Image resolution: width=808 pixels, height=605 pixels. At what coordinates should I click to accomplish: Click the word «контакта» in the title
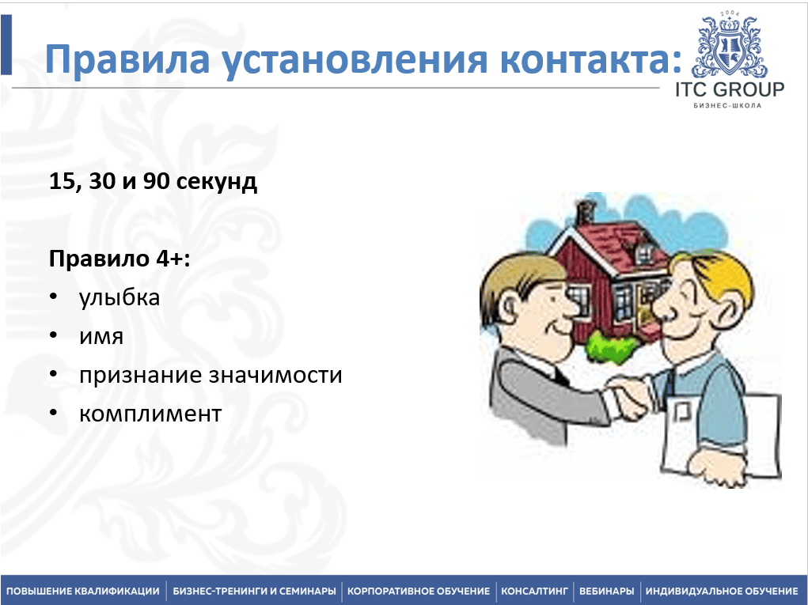pyautogui.click(x=586, y=59)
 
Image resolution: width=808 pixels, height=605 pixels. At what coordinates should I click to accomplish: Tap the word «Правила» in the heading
pyautogui.click(x=127, y=60)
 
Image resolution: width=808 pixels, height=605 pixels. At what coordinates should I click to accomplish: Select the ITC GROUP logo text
pyautogui.click(x=730, y=89)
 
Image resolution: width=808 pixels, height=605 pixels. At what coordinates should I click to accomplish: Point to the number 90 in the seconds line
pyautogui.click(x=156, y=181)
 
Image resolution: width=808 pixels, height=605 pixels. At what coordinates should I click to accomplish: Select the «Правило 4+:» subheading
pyautogui.click(x=119, y=259)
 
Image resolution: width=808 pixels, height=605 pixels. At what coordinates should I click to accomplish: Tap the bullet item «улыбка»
pyautogui.click(x=119, y=298)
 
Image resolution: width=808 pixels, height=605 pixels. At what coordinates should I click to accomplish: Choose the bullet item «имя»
pyautogui.click(x=101, y=337)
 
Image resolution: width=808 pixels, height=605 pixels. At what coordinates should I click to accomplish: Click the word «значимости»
pyautogui.click(x=275, y=375)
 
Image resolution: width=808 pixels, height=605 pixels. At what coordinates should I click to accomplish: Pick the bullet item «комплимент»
pyautogui.click(x=150, y=414)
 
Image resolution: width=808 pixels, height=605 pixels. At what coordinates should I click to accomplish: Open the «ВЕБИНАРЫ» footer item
pyautogui.click(x=606, y=591)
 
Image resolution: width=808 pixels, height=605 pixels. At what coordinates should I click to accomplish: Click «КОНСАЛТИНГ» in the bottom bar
pyautogui.click(x=534, y=591)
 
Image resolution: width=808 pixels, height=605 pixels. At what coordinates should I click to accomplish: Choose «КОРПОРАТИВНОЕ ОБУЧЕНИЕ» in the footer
pyautogui.click(x=419, y=591)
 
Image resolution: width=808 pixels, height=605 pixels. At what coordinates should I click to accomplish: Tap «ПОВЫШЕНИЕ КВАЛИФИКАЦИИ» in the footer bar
pyautogui.click(x=83, y=591)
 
